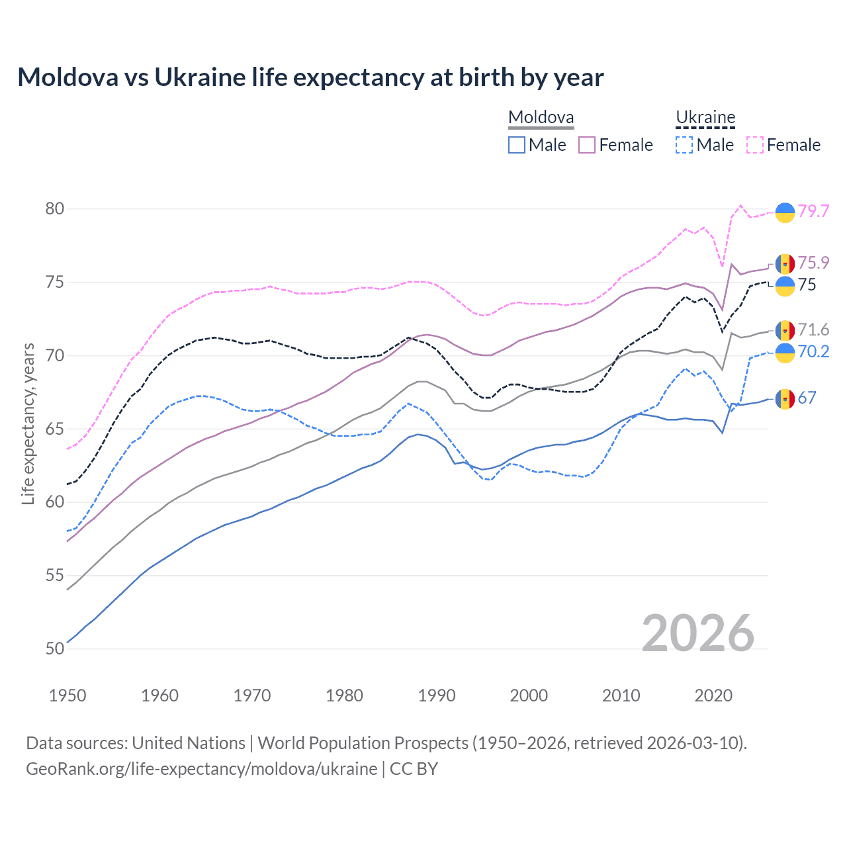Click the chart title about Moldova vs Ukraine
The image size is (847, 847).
310,77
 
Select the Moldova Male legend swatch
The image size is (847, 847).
517,145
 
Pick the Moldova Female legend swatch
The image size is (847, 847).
587,145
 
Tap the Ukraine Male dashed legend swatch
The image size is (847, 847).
684,145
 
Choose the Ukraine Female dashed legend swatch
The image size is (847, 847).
755,145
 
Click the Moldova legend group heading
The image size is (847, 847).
541,118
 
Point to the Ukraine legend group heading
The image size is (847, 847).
705,118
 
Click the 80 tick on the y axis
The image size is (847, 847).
55,209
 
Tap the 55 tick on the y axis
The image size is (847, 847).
55,576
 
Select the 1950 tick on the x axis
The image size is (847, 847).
67,695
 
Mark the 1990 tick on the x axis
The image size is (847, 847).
437,695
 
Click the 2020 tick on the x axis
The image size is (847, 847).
713,695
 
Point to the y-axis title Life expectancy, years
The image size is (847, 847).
28,423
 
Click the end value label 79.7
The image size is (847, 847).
813,211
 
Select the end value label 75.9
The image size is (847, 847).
813,263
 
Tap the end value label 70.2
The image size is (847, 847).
813,351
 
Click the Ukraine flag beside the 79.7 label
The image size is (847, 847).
785,212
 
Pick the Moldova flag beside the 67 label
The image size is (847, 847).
785,398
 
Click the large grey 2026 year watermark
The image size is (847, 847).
698,633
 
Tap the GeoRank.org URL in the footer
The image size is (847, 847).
201,769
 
